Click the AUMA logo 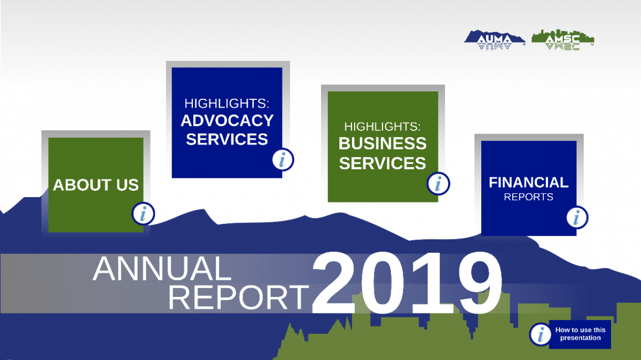495,40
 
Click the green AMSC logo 563,40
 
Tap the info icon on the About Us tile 143,214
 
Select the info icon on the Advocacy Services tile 283,159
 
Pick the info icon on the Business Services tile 438,183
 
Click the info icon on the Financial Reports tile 577,217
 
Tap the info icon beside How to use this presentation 541,334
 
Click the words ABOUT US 96,185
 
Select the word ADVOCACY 227,121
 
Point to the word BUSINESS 382,143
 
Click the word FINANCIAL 528,182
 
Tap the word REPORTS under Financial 528,197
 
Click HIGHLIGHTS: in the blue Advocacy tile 226,103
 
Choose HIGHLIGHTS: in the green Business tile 382,127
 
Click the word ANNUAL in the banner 162,269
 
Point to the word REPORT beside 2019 239,298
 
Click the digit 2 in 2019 334,283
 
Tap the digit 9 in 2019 480,283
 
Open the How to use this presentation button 580,334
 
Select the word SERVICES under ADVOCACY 227,139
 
